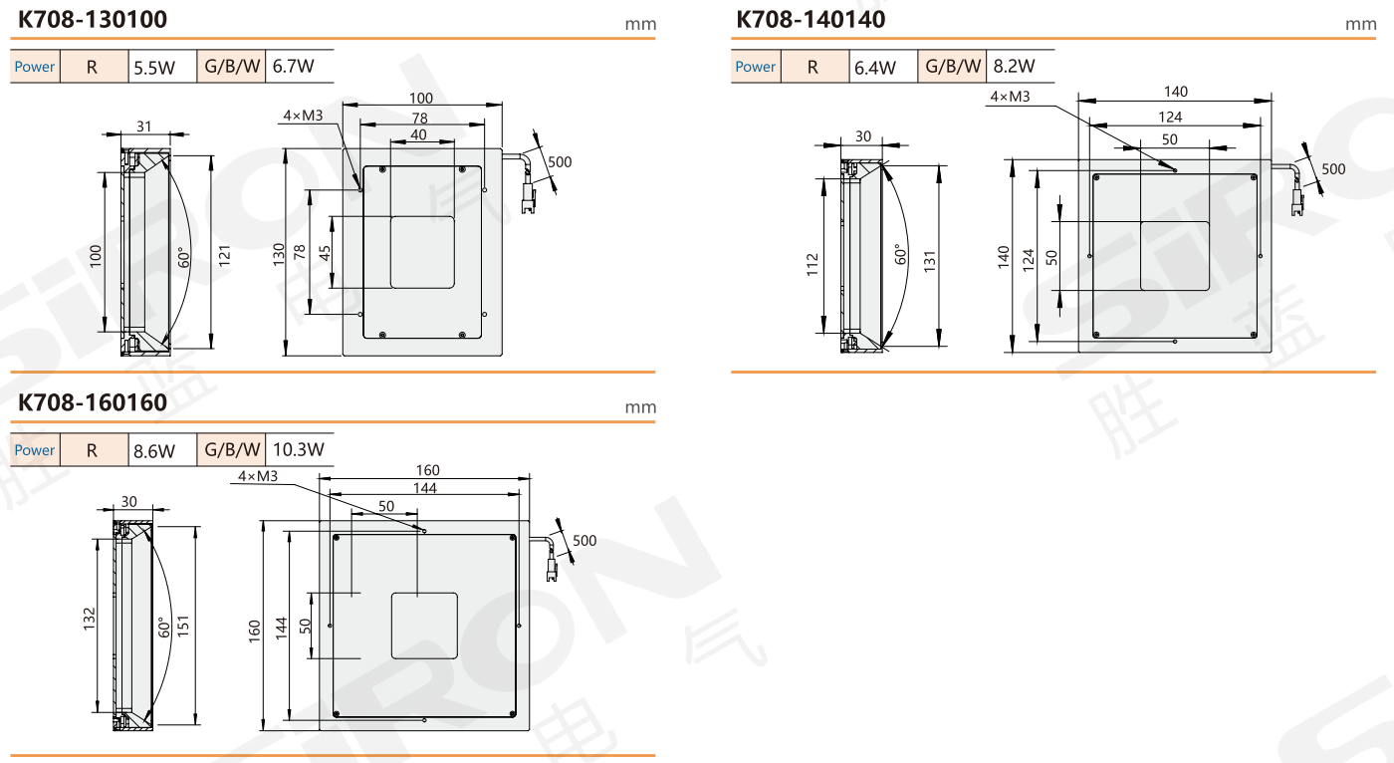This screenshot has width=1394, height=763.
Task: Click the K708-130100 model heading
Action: point(92,19)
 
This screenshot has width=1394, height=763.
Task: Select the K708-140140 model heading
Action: point(811,19)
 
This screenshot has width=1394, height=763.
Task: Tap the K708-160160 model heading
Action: point(92,402)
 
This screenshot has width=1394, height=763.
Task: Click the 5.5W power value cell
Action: point(162,67)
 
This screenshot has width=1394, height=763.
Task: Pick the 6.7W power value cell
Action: point(300,66)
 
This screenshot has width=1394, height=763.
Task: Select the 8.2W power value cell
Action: point(1020,66)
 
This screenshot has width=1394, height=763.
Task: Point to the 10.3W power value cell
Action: point(300,449)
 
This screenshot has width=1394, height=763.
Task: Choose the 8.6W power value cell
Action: point(162,450)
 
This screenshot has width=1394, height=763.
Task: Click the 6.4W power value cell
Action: point(883,67)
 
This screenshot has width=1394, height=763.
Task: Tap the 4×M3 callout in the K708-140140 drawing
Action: point(1010,97)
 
